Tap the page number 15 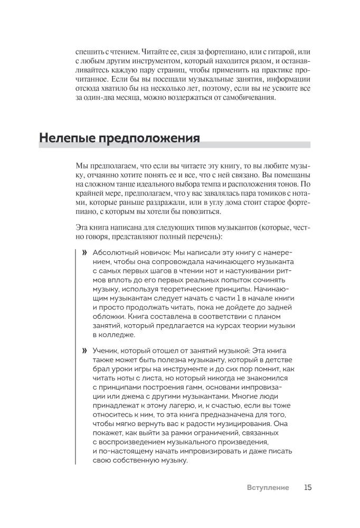click(308, 487)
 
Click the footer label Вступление click(268, 488)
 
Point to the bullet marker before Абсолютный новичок click(84, 253)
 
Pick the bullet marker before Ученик click(84, 350)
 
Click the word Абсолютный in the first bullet click(113, 253)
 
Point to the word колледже click(111, 335)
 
